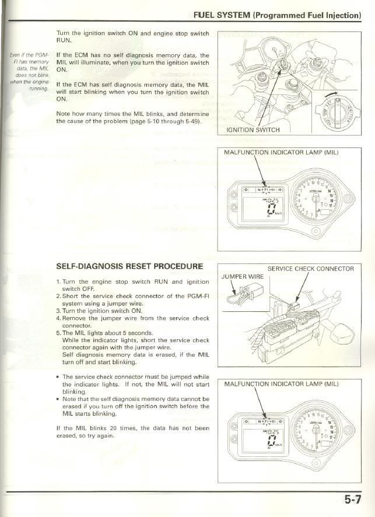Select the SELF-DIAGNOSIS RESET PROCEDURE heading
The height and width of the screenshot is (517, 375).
[x=129, y=266]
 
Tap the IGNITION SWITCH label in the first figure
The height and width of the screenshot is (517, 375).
[x=253, y=129]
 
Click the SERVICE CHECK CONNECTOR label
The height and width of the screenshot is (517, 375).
[x=310, y=269]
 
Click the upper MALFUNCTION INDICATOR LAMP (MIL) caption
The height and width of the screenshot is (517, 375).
[x=281, y=153]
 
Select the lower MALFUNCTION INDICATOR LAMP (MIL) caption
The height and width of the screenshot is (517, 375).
[x=281, y=384]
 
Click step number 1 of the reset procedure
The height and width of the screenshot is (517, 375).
[x=59, y=282]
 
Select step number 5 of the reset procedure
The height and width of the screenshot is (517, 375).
[x=59, y=333]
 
